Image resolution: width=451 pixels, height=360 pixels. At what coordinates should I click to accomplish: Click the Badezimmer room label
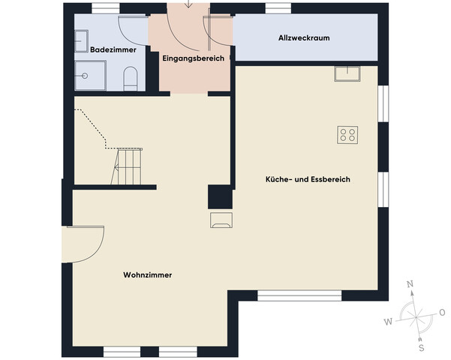(113, 49)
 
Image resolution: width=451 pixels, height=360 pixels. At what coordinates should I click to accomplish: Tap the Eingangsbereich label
(193, 58)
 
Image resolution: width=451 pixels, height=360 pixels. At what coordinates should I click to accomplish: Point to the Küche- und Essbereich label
(308, 180)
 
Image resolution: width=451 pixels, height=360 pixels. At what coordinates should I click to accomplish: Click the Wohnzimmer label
(148, 275)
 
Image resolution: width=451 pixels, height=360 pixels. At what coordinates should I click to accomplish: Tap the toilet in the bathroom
(131, 77)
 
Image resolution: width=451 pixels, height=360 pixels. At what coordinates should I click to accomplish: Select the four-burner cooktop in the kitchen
(347, 134)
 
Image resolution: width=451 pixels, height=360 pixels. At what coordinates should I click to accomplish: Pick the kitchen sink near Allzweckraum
(347, 73)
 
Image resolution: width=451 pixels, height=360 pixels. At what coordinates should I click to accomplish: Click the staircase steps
(128, 166)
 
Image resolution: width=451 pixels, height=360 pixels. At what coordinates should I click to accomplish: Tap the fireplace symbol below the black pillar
(221, 218)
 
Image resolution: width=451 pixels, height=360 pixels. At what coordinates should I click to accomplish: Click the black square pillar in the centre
(219, 196)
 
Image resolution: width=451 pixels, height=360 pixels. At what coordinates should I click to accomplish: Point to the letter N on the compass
(410, 284)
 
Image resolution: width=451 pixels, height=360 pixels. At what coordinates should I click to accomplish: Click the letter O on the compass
(442, 312)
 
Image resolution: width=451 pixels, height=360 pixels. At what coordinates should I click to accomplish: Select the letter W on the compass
(388, 322)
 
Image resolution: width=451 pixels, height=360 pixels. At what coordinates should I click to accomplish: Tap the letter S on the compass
(421, 348)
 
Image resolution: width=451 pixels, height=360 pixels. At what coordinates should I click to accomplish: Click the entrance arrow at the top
(188, 4)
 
